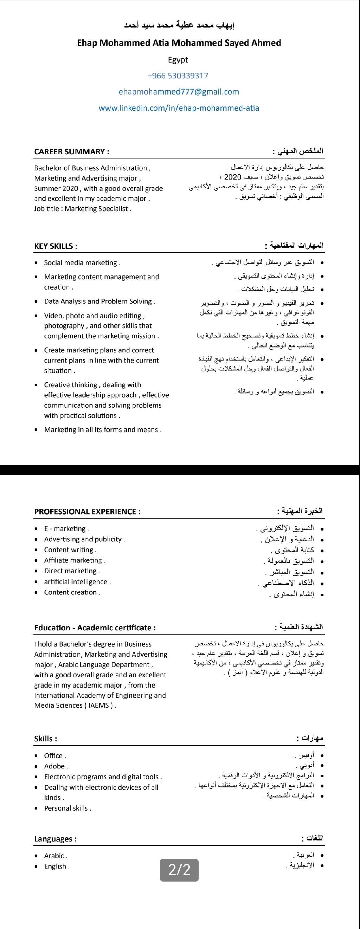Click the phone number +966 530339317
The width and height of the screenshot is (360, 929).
tap(178, 76)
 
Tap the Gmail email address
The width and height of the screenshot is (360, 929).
tap(179, 92)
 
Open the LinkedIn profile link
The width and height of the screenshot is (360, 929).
tap(179, 108)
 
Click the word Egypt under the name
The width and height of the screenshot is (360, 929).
tap(178, 60)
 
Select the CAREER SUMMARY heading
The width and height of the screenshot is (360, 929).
tap(71, 151)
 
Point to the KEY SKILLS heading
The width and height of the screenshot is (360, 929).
tap(56, 246)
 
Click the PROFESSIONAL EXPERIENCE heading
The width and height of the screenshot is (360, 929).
tap(87, 512)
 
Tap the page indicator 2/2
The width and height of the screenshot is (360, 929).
tap(179, 870)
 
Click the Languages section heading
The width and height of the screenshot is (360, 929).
tap(55, 839)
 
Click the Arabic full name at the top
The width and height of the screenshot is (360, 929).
tap(179, 25)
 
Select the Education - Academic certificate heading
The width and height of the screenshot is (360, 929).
tap(95, 628)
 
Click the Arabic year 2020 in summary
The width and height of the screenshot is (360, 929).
tap(232, 177)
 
